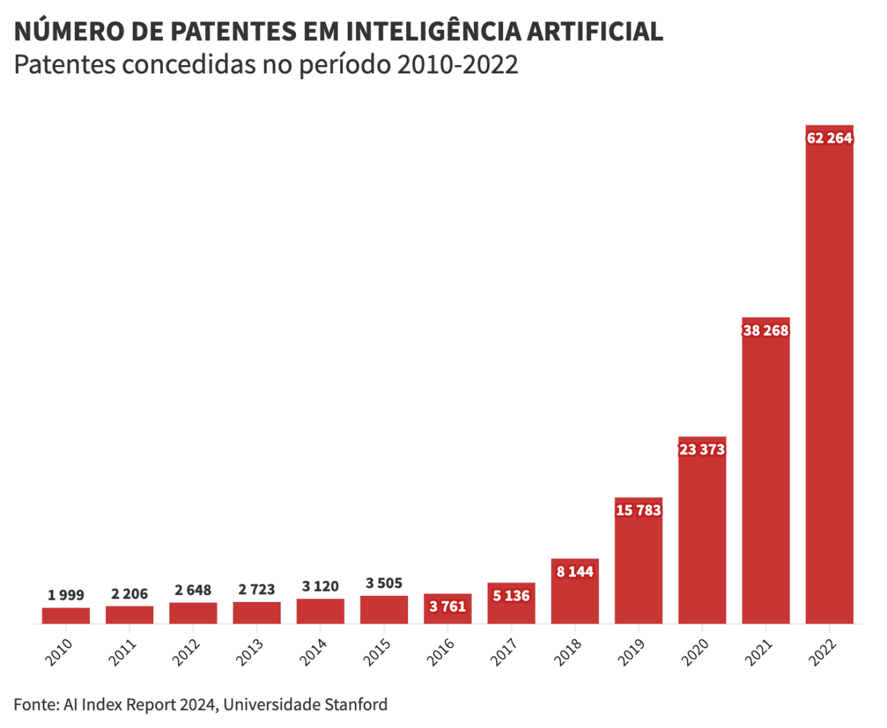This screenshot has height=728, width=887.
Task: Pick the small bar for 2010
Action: click(66, 616)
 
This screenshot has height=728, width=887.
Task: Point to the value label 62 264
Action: click(829, 138)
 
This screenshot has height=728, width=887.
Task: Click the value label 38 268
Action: click(766, 330)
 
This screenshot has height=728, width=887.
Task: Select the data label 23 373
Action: click(702, 450)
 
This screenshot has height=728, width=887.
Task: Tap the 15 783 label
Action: click(638, 511)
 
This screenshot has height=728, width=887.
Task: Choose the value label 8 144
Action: click(575, 571)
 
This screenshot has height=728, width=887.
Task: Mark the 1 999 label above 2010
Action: click(66, 595)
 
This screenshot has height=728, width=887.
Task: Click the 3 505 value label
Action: click(384, 583)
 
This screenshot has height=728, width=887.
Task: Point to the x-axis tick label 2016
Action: click(441, 652)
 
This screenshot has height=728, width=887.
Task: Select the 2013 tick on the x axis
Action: click(250, 652)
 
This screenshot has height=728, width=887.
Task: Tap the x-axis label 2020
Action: click(695, 652)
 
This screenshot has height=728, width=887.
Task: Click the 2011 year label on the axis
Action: click(123, 652)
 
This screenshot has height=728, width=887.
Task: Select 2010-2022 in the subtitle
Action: click(457, 64)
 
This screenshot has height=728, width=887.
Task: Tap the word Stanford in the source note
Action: click(355, 704)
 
